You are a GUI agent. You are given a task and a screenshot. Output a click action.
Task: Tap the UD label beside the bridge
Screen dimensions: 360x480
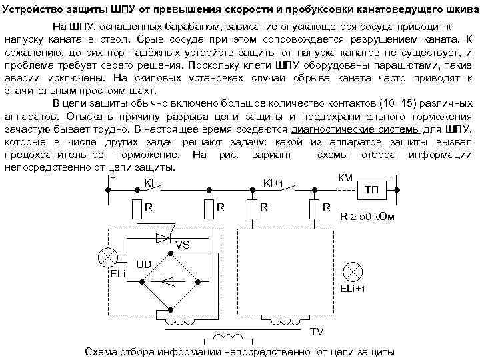[143, 265]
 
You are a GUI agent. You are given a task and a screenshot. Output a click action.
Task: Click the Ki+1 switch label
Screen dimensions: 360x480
[274, 183]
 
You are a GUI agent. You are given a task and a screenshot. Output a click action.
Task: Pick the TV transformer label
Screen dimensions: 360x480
[317, 331]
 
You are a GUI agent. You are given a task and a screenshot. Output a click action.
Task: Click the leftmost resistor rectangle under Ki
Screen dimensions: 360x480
[137, 209]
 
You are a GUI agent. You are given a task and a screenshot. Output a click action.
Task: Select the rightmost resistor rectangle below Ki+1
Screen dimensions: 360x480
[313, 209]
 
